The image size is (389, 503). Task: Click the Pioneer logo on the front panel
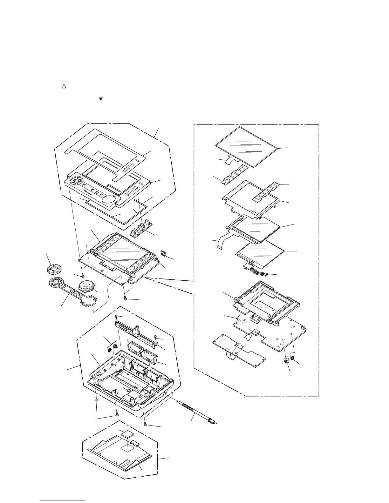(x=89, y=191)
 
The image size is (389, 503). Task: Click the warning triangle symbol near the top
(x=63, y=86)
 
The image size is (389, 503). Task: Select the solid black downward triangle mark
(x=101, y=99)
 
